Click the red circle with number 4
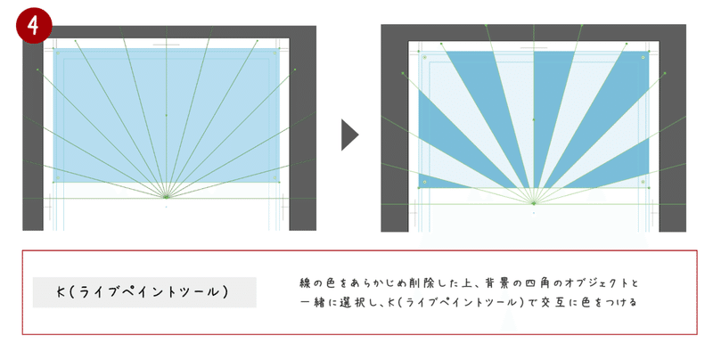click(x=33, y=26)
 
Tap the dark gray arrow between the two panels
click(x=349, y=135)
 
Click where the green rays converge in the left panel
click(x=166, y=197)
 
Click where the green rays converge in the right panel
click(x=534, y=203)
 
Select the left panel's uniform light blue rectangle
click(x=167, y=116)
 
